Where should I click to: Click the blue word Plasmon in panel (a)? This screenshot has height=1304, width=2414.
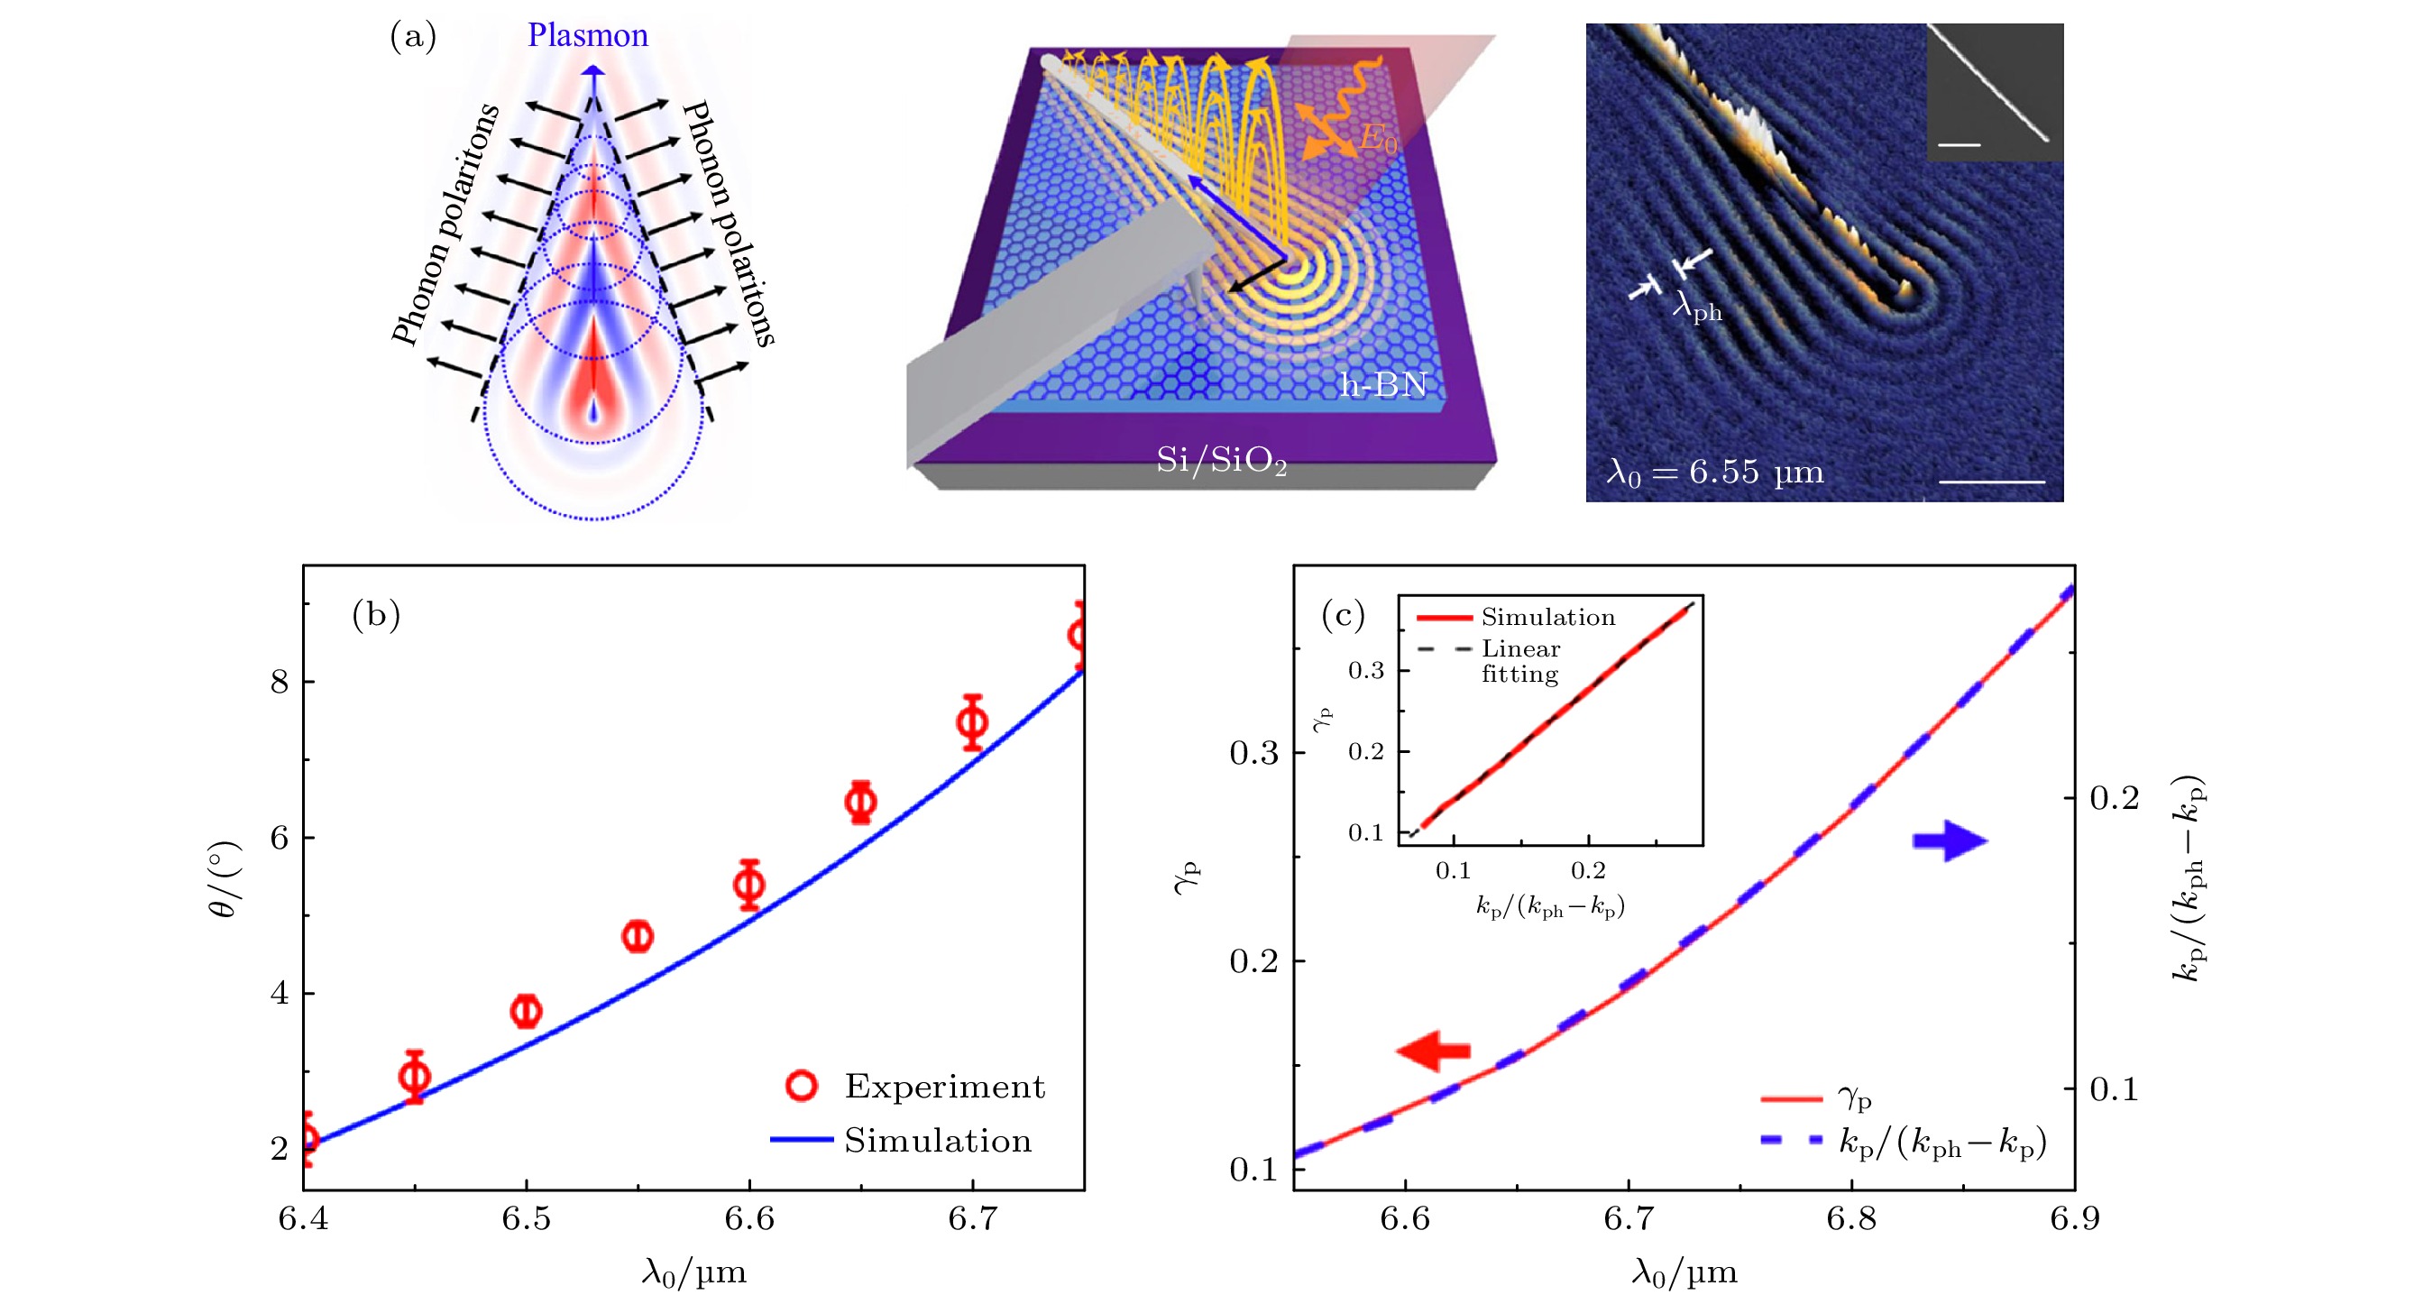[x=588, y=36]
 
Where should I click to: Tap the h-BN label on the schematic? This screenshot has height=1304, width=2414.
[x=1382, y=384]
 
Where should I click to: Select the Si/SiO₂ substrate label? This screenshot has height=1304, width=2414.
[x=1220, y=460]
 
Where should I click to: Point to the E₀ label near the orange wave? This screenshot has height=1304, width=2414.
[x=1378, y=140]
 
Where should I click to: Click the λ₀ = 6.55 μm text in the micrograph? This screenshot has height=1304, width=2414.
[x=1715, y=472]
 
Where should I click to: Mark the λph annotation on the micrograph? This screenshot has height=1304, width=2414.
[x=1697, y=306]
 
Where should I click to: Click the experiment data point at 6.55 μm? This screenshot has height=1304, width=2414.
[x=638, y=935]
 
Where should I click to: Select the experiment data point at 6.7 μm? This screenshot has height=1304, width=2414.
[x=973, y=721]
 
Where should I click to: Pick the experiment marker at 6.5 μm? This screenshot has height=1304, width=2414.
[x=527, y=1011]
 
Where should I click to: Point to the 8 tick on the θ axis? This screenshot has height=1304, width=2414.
[x=280, y=682]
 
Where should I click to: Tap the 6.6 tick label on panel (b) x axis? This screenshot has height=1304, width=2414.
[x=749, y=1218]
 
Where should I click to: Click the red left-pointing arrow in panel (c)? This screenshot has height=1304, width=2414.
[x=1433, y=1051]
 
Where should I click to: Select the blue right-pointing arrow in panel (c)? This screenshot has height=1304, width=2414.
[x=1950, y=840]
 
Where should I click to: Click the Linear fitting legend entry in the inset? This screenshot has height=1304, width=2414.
[x=1519, y=661]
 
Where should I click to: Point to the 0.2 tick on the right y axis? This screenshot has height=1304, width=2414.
[x=2114, y=799]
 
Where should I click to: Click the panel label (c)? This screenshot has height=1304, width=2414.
[x=1343, y=615]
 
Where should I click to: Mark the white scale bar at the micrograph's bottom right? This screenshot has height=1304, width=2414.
[x=1990, y=482]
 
